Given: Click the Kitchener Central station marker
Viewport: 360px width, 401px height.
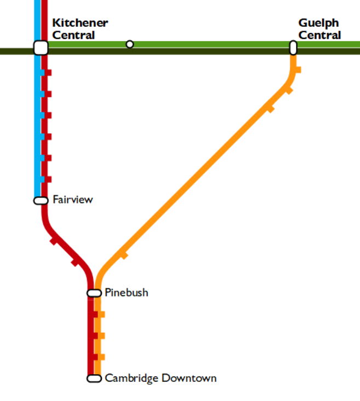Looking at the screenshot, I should pyautogui.click(x=41, y=48).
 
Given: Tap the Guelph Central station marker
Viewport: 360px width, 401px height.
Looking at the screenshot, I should pyautogui.click(x=293, y=48).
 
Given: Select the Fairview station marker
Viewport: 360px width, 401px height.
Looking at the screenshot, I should pyautogui.click(x=41, y=200).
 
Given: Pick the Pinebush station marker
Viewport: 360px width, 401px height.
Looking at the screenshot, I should pyautogui.click(x=94, y=293).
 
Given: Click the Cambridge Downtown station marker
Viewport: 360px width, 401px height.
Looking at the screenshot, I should pyautogui.click(x=94, y=378).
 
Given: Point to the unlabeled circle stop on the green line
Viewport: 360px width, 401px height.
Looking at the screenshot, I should pyautogui.click(x=130, y=44).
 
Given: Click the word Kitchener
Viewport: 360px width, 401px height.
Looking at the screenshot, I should pyautogui.click(x=80, y=24).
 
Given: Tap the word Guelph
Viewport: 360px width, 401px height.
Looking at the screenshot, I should pyautogui.click(x=318, y=24).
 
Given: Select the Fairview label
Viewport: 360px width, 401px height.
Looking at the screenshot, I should pyautogui.click(x=73, y=200).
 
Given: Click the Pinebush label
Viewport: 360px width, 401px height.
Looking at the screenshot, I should pyautogui.click(x=126, y=293).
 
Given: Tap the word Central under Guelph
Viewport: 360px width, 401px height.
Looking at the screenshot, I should pyautogui.click(x=320, y=35).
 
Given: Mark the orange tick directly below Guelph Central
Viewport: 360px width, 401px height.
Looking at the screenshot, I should pyautogui.click(x=298, y=69).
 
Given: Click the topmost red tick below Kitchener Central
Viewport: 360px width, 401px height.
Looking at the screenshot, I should pyautogui.click(x=48, y=73).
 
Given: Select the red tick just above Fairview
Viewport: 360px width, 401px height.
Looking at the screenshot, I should pyautogui.click(x=48, y=179).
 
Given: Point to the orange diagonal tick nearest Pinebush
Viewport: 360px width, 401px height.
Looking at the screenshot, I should pyautogui.click(x=124, y=254).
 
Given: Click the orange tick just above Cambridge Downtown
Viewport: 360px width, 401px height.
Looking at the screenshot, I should pyautogui.click(x=101, y=357).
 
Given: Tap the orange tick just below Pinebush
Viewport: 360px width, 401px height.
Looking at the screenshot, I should pyautogui.click(x=101, y=314).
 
